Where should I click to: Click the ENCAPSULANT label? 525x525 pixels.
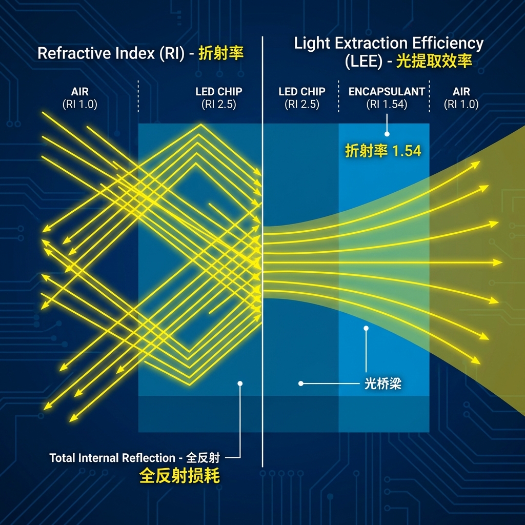click(x=387, y=92)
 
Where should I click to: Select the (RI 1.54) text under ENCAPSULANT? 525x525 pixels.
click(x=387, y=104)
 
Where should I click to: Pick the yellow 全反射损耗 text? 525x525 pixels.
click(x=179, y=476)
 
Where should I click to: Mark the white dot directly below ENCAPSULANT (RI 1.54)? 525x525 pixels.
click(x=387, y=134)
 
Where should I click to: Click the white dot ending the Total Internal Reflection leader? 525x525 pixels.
click(x=240, y=383)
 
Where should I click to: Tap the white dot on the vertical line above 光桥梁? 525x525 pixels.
click(x=366, y=328)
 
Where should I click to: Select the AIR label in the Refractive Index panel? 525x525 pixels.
click(x=80, y=92)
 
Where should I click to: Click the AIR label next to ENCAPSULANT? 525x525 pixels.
click(x=461, y=92)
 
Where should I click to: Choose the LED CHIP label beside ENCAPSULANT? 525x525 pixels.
click(x=301, y=92)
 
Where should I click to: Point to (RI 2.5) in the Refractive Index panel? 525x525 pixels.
click(x=219, y=104)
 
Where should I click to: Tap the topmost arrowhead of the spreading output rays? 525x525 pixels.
click(x=477, y=164)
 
